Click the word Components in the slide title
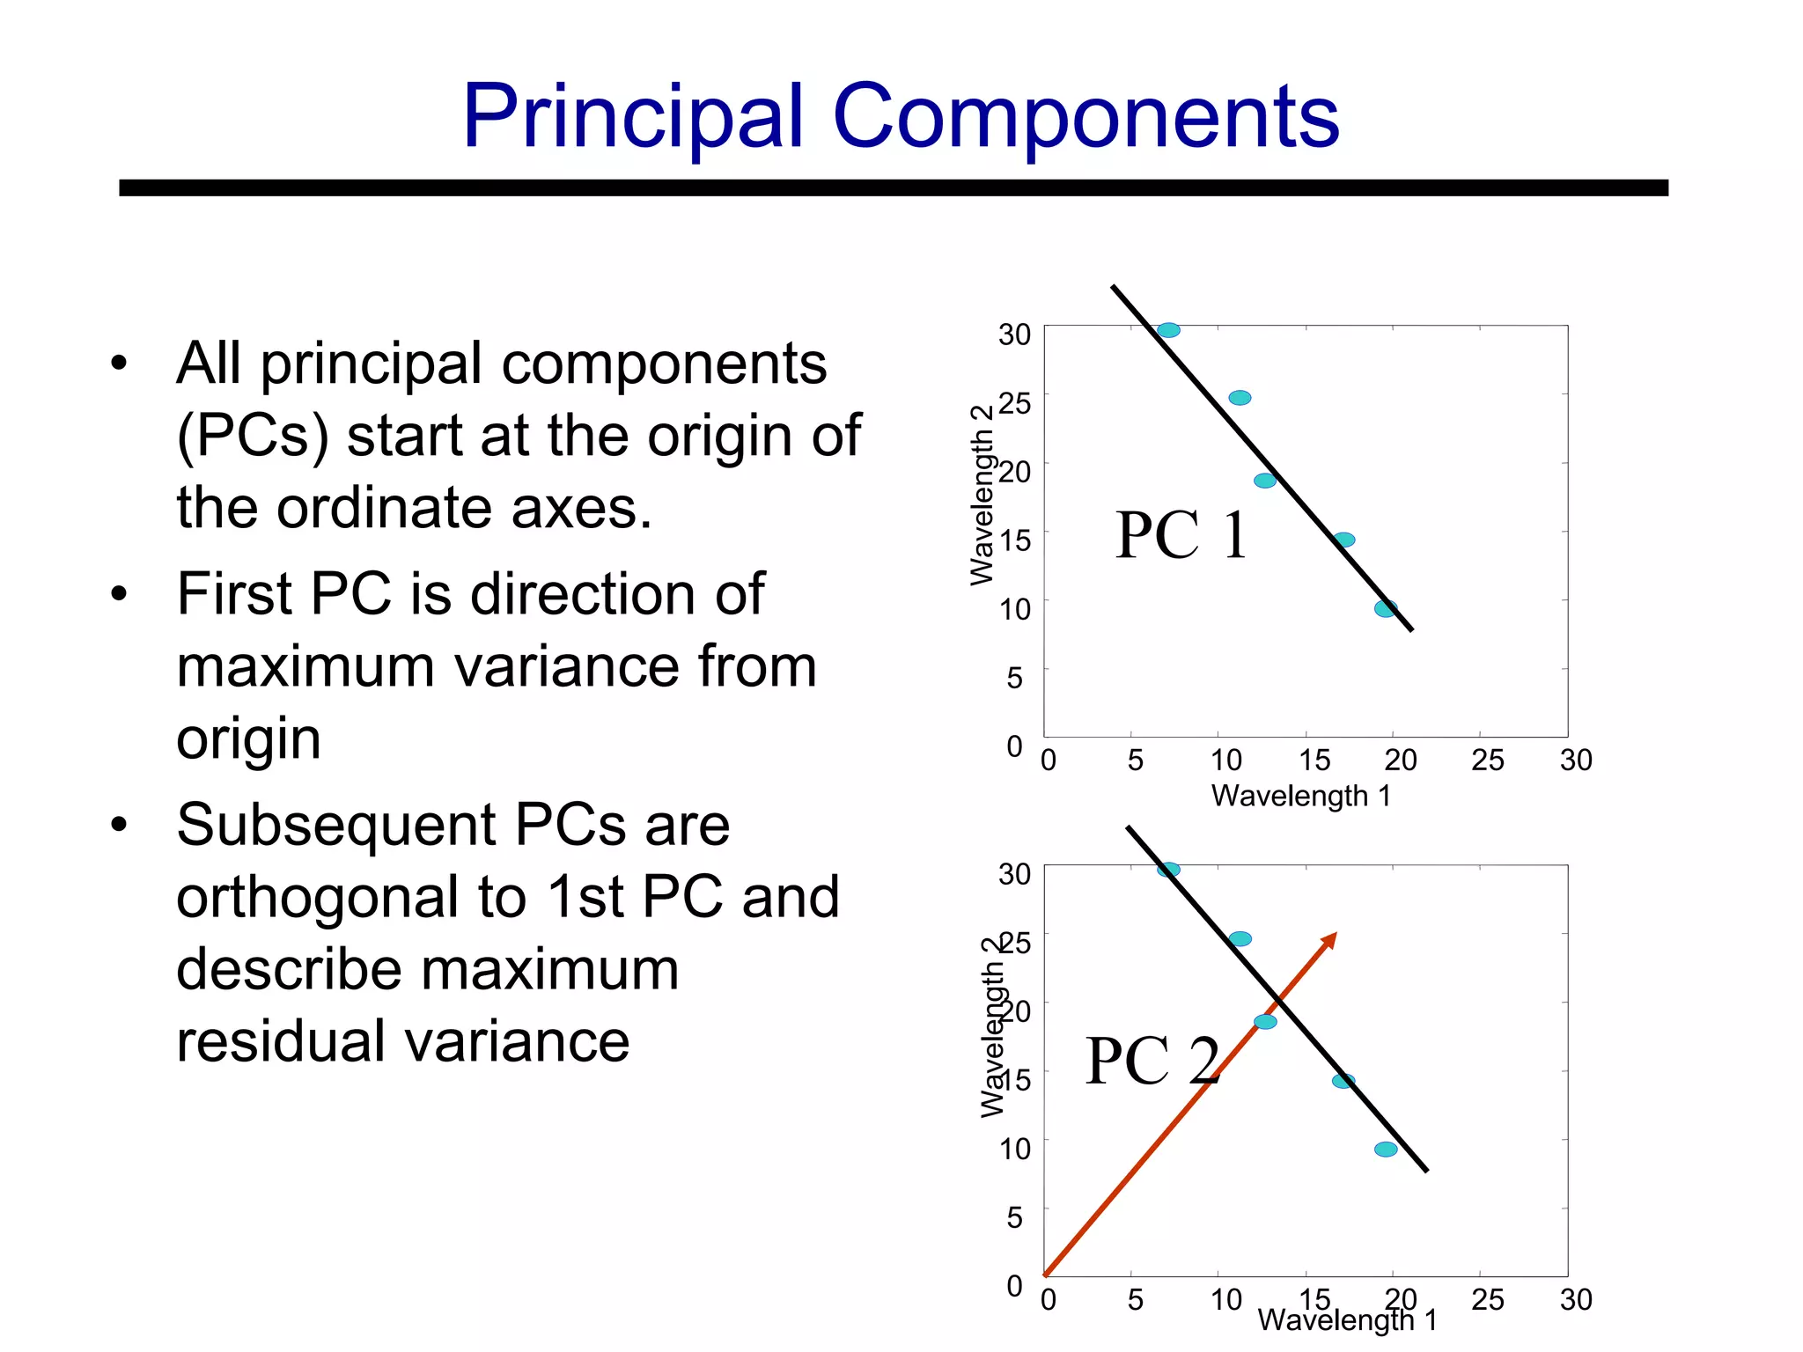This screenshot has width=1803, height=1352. pyautogui.click(x=1085, y=117)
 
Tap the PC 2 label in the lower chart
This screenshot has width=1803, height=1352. pyautogui.click(x=1152, y=1061)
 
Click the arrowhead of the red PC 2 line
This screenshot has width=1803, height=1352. pyautogui.click(x=1329, y=939)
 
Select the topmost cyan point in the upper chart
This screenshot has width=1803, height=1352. pyautogui.click(x=1168, y=330)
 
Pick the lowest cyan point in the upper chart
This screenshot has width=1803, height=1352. pyautogui.click(x=1386, y=608)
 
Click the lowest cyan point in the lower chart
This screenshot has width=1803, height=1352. pyautogui.click(x=1386, y=1149)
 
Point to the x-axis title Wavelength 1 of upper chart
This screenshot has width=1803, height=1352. pyautogui.click(x=1300, y=796)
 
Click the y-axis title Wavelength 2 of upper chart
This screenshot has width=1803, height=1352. pyautogui.click(x=981, y=496)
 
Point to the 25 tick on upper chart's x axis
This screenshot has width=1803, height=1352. pyautogui.click(x=1488, y=760)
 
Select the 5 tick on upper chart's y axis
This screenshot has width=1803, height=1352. pyautogui.click(x=1015, y=677)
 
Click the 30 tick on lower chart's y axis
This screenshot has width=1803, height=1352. pyautogui.click(x=1014, y=874)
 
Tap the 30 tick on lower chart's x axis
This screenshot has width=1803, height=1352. pyautogui.click(x=1576, y=1299)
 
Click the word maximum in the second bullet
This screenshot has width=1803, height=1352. pyautogui.click(x=305, y=666)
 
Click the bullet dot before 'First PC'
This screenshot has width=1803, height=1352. pyautogui.click(x=119, y=594)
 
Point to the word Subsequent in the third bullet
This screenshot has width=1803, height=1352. pyautogui.click(x=336, y=825)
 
